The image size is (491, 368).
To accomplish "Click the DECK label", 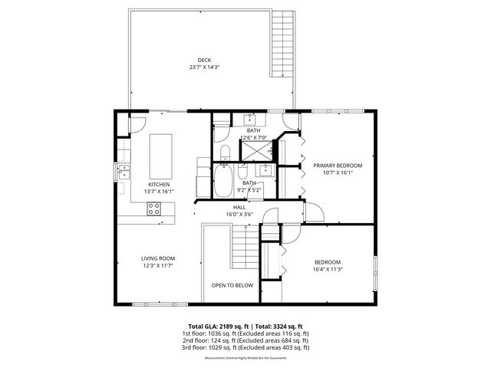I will tap(204, 59).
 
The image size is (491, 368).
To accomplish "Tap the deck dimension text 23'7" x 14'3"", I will tap(204, 67).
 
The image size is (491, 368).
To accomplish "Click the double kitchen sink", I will tap(123, 172).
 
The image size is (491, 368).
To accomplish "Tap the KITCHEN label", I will tap(159, 184).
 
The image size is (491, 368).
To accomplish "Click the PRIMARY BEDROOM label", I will tap(337, 165).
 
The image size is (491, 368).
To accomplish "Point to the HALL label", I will tap(239, 207).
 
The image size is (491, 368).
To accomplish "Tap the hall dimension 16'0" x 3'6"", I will tap(239, 215).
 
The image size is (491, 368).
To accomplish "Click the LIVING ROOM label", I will tap(157, 258).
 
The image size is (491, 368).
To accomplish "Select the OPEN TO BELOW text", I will tap(232, 285).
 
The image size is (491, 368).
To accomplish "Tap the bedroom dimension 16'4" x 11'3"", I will tap(327, 269).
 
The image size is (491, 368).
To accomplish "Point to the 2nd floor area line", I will tap(245, 340).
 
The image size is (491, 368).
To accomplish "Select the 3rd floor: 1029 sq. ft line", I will tap(245, 347).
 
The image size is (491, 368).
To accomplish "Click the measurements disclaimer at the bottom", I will tap(245, 358).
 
